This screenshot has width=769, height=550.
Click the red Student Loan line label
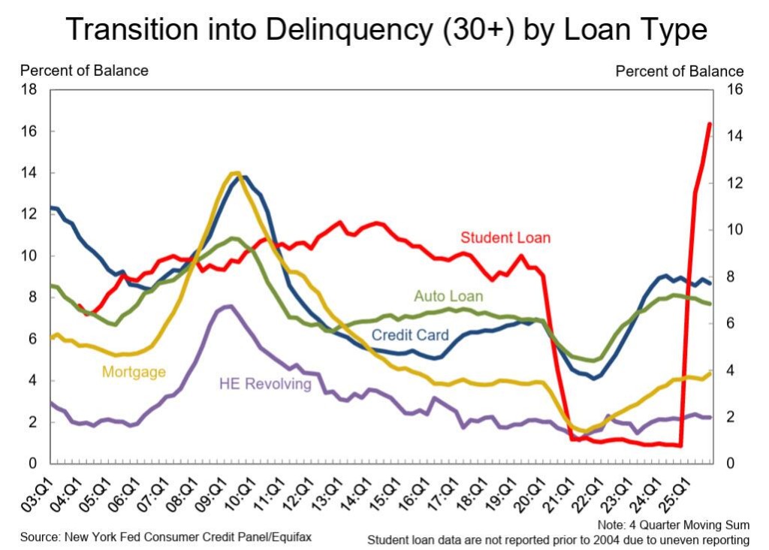tap(505, 237)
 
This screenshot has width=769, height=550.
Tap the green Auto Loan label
tap(448, 296)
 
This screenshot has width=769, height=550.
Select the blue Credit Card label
tap(410, 334)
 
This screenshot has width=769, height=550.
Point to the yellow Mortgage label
tap(134, 371)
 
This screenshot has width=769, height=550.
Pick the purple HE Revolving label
tap(264, 384)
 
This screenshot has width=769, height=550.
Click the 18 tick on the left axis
tap(29, 89)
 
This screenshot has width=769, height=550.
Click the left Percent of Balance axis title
tap(84, 71)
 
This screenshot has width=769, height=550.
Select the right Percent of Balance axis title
tap(680, 71)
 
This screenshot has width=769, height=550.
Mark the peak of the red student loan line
tap(710, 123)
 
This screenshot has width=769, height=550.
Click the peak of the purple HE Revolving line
tap(229, 306)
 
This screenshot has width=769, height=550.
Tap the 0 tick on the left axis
tap(32, 464)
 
